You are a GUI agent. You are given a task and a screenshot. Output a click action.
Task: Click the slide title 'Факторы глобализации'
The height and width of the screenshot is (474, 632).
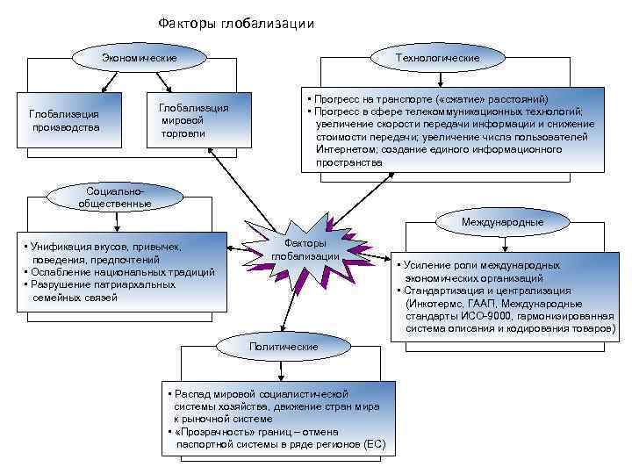pos(235,24)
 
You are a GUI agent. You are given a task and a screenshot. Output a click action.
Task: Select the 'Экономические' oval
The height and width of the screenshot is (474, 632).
pos(140,58)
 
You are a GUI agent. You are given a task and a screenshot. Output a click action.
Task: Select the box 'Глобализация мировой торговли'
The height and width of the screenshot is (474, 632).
pos(193,120)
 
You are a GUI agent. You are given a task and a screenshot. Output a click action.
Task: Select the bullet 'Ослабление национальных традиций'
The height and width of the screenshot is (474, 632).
pos(122,272)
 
